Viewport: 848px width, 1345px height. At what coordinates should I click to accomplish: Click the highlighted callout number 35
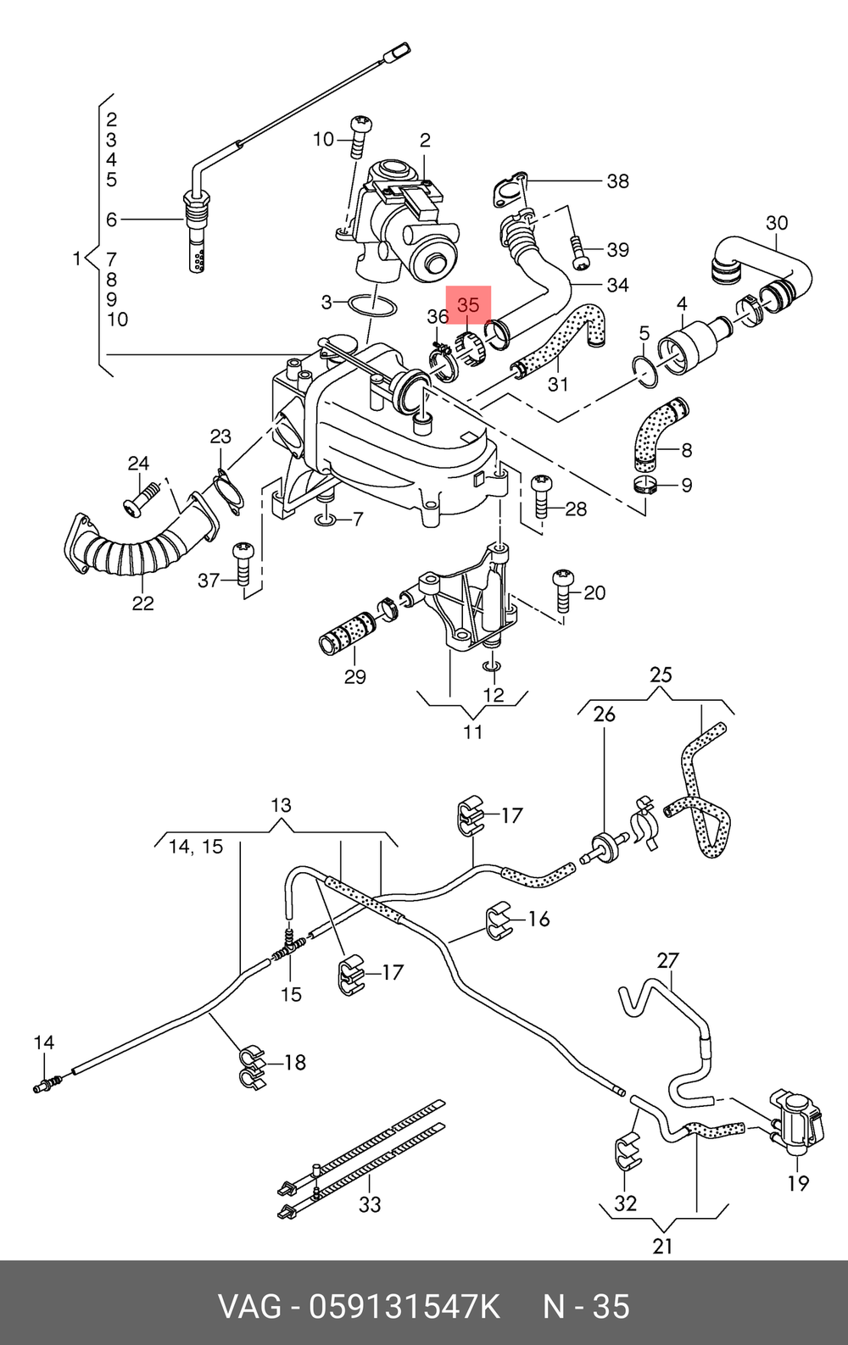coord(468,305)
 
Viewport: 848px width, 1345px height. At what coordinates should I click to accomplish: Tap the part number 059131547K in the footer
coord(404,1307)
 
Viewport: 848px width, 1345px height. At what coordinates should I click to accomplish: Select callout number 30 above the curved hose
coord(777,224)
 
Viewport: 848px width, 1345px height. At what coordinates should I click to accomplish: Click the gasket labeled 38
coord(510,190)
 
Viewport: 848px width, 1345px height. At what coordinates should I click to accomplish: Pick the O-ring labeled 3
coord(372,304)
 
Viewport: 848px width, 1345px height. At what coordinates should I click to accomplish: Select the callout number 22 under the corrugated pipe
coord(142,603)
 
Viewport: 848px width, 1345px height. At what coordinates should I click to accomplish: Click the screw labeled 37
coord(244,564)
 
